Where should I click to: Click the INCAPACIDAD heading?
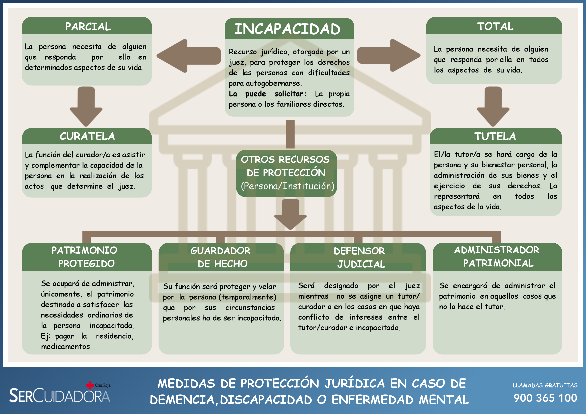[287, 29]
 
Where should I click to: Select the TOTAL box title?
[495, 26]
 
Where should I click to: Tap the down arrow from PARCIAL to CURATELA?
[86, 107]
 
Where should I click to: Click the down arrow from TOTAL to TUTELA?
[493, 107]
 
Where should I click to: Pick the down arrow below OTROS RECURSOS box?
[290, 214]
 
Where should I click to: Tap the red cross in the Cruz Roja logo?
[90, 385]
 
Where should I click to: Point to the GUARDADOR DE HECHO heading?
[221, 257]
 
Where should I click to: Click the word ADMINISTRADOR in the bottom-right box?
[497, 250]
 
